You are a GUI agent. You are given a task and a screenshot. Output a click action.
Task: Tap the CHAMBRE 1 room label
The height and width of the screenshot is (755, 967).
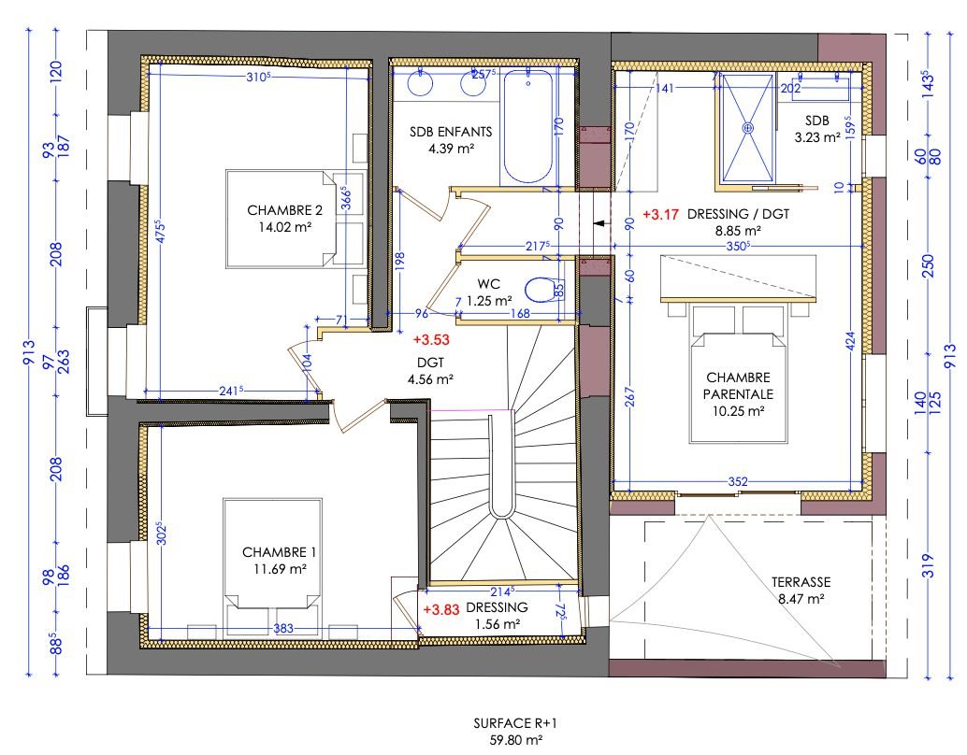[x=274, y=551]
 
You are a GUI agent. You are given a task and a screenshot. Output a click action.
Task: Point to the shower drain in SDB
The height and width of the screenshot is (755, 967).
[x=747, y=127]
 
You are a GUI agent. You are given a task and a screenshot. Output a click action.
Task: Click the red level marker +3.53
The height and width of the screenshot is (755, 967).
[x=430, y=340]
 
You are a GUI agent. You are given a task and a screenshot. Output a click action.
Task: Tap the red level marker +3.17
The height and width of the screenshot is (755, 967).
[x=660, y=214]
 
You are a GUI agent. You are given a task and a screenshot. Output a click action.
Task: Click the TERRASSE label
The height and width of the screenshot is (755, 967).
[x=801, y=581]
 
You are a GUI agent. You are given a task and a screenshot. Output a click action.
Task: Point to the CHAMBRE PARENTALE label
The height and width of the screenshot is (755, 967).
[x=738, y=385]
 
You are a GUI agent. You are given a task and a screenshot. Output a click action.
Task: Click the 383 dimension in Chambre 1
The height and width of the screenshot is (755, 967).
[x=283, y=629]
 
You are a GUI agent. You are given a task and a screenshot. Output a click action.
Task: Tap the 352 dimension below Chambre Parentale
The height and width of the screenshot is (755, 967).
[x=738, y=482]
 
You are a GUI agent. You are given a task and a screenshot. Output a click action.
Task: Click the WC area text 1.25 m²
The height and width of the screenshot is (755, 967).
[x=490, y=301]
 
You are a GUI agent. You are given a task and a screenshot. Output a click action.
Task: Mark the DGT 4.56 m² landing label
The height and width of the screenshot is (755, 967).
[x=430, y=371]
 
